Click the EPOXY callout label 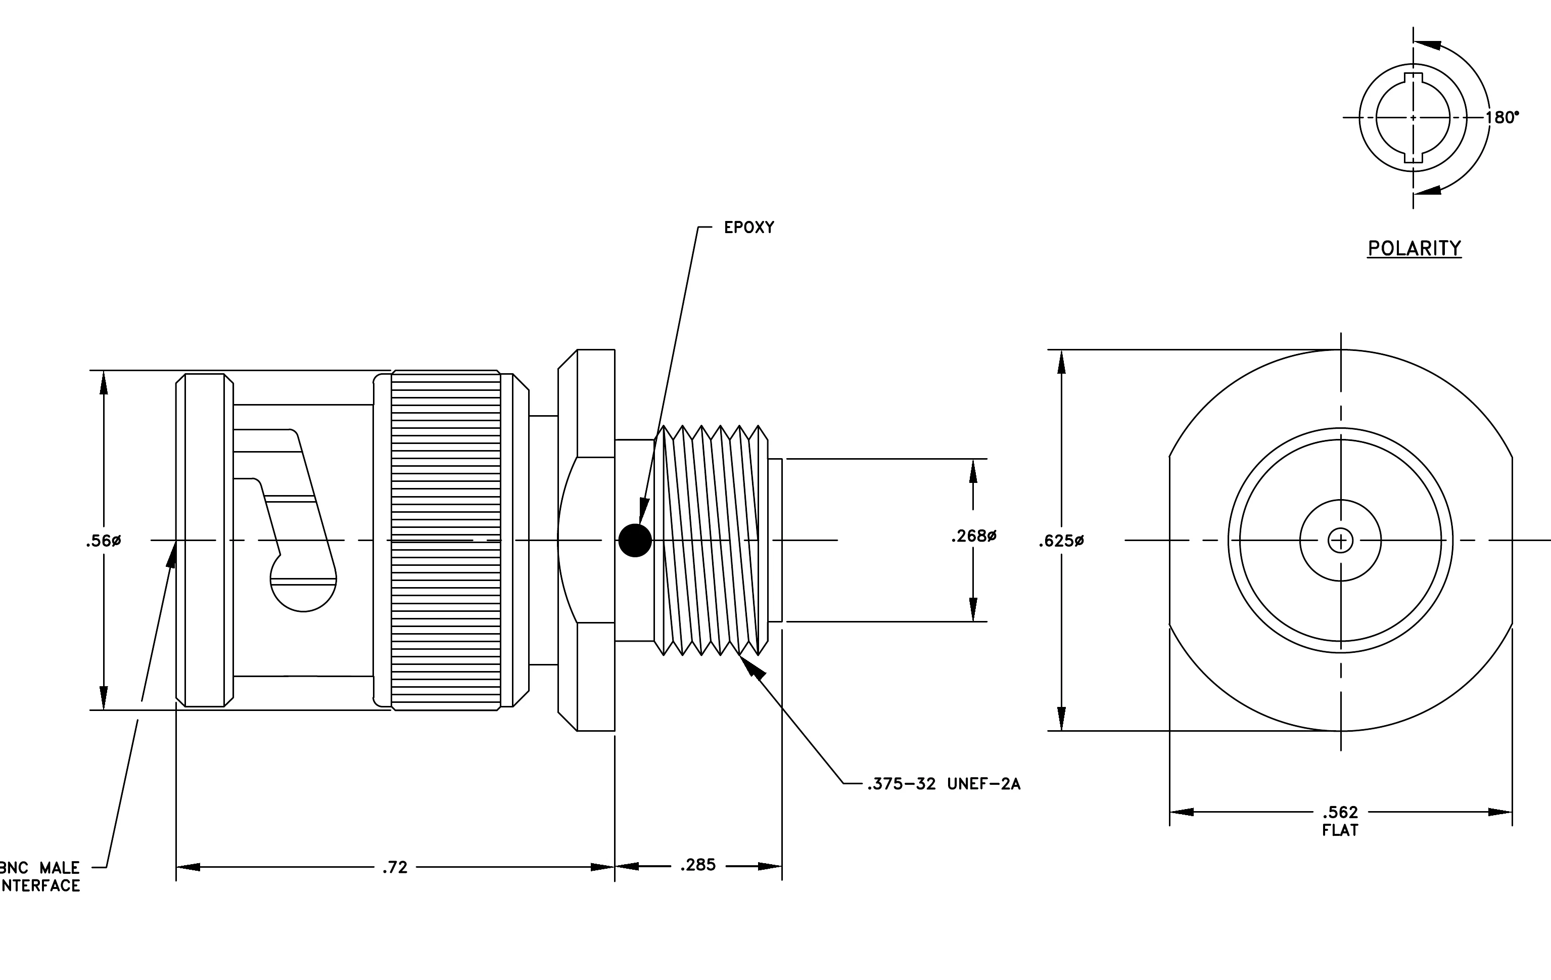click(x=748, y=228)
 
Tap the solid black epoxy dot click(x=635, y=540)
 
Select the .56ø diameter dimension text click(x=103, y=541)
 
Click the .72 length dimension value click(x=395, y=867)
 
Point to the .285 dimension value click(x=698, y=865)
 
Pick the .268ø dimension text click(x=974, y=536)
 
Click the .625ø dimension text click(x=1061, y=541)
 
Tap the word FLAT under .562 click(x=1340, y=830)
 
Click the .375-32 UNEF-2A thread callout click(x=944, y=784)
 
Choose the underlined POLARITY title click(x=1415, y=249)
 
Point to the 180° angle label click(x=1502, y=117)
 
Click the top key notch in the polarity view click(x=1413, y=80)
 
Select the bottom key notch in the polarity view click(x=1413, y=155)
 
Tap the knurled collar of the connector click(x=446, y=540)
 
